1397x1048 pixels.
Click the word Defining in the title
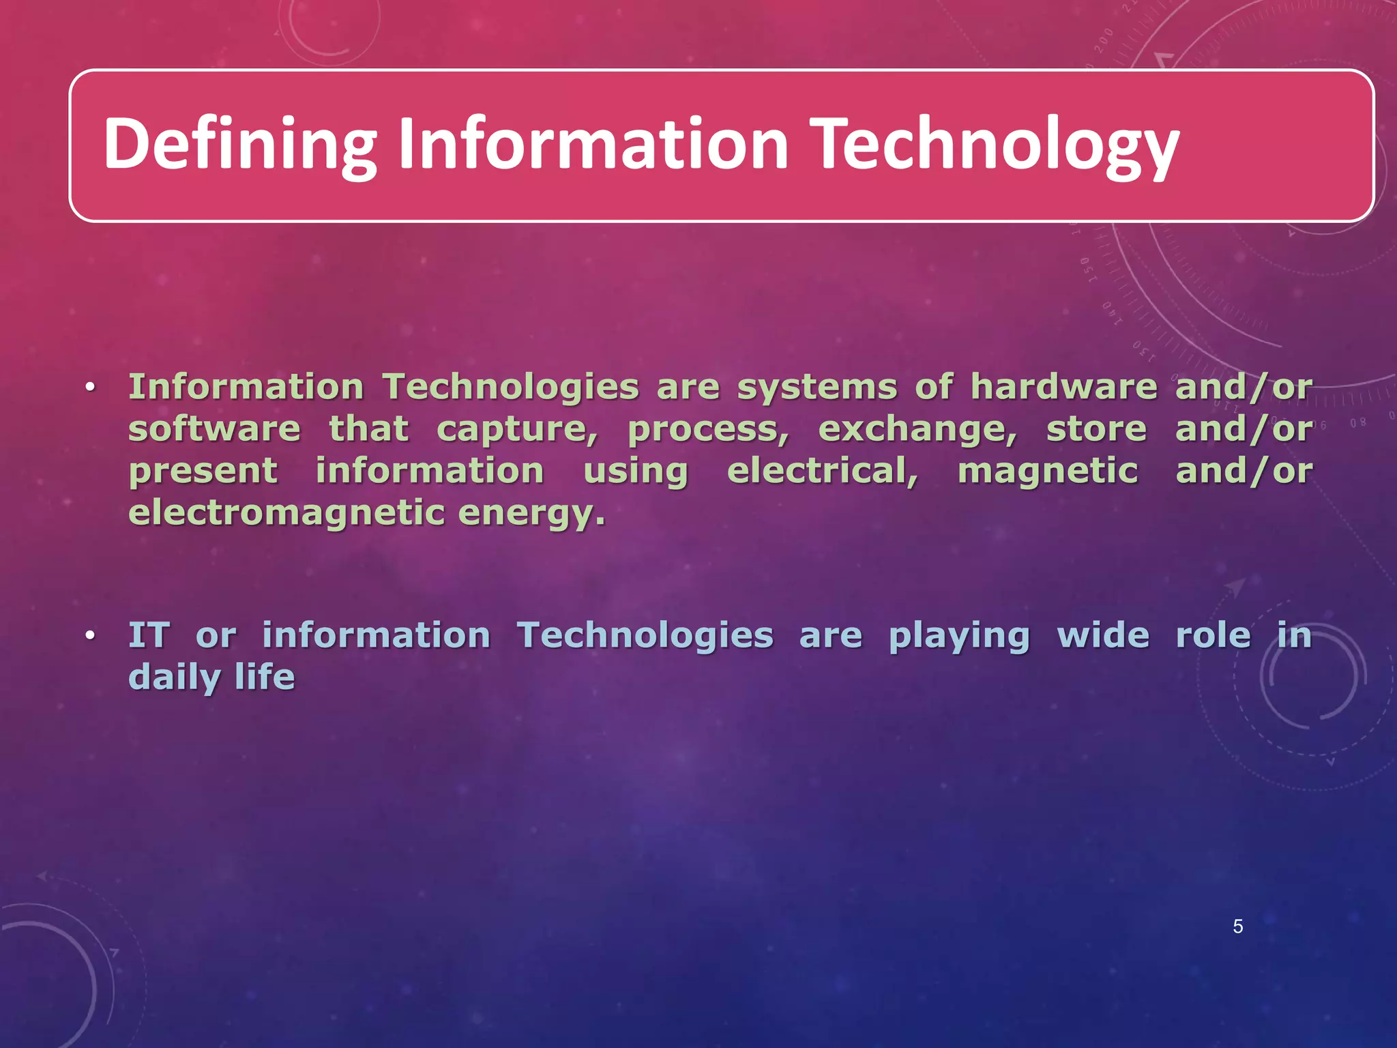pyautogui.click(x=239, y=145)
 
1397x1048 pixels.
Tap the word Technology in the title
pyautogui.click(x=997, y=145)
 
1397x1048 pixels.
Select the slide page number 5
pyautogui.click(x=1237, y=927)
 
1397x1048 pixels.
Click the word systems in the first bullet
pyautogui.click(x=817, y=388)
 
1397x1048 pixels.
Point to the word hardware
pyautogui.click(x=1063, y=388)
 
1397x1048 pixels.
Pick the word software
pyautogui.click(x=214, y=430)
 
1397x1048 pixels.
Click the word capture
pyautogui.click(x=516, y=430)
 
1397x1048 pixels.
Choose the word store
pyautogui.click(x=1096, y=430)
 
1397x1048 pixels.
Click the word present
pyautogui.click(x=203, y=472)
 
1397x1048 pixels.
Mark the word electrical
pyautogui.click(x=822, y=471)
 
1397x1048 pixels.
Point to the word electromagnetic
pyautogui.click(x=286, y=514)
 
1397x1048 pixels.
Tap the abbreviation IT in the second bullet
pyautogui.click(x=149, y=636)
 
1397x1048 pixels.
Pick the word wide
pyautogui.click(x=1103, y=636)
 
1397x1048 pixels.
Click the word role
pyautogui.click(x=1214, y=636)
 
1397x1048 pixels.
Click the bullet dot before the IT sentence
pyautogui.click(x=89, y=637)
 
